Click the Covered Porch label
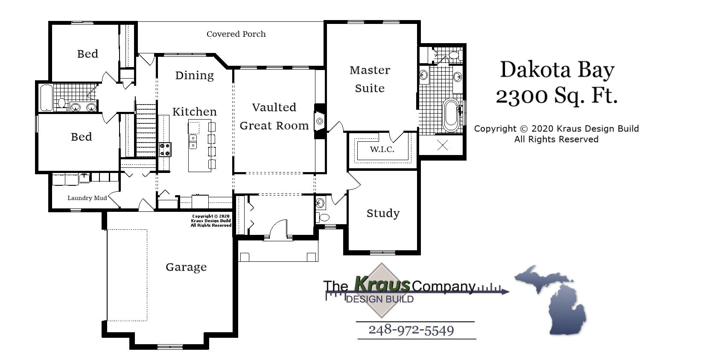pyautogui.click(x=236, y=34)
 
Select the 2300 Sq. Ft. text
pyautogui.click(x=557, y=96)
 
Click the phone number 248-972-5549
pyautogui.click(x=411, y=330)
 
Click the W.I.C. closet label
pyautogui.click(x=382, y=149)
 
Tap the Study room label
pyautogui.click(x=383, y=213)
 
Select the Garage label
pyautogui.click(x=186, y=267)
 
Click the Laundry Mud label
pyautogui.click(x=87, y=198)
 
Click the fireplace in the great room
pyautogui.click(x=319, y=121)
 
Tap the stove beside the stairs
pyautogui.click(x=165, y=149)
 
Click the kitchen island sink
pyautogui.click(x=193, y=141)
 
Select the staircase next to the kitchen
pyautogui.click(x=146, y=130)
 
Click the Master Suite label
pyautogui.click(x=370, y=79)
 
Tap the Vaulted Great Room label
pyautogui.click(x=274, y=116)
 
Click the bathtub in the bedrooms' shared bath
pyautogui.click(x=46, y=98)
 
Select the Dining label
pyautogui.click(x=194, y=76)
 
